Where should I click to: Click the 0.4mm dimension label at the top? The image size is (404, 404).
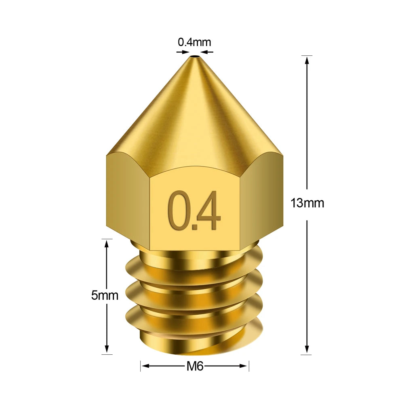194,42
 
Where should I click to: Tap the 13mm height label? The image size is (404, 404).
307,203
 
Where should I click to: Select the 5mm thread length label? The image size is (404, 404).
105,295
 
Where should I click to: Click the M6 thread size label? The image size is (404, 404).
194,366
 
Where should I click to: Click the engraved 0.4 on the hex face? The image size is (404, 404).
194,211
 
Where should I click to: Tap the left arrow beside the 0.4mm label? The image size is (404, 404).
182,52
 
